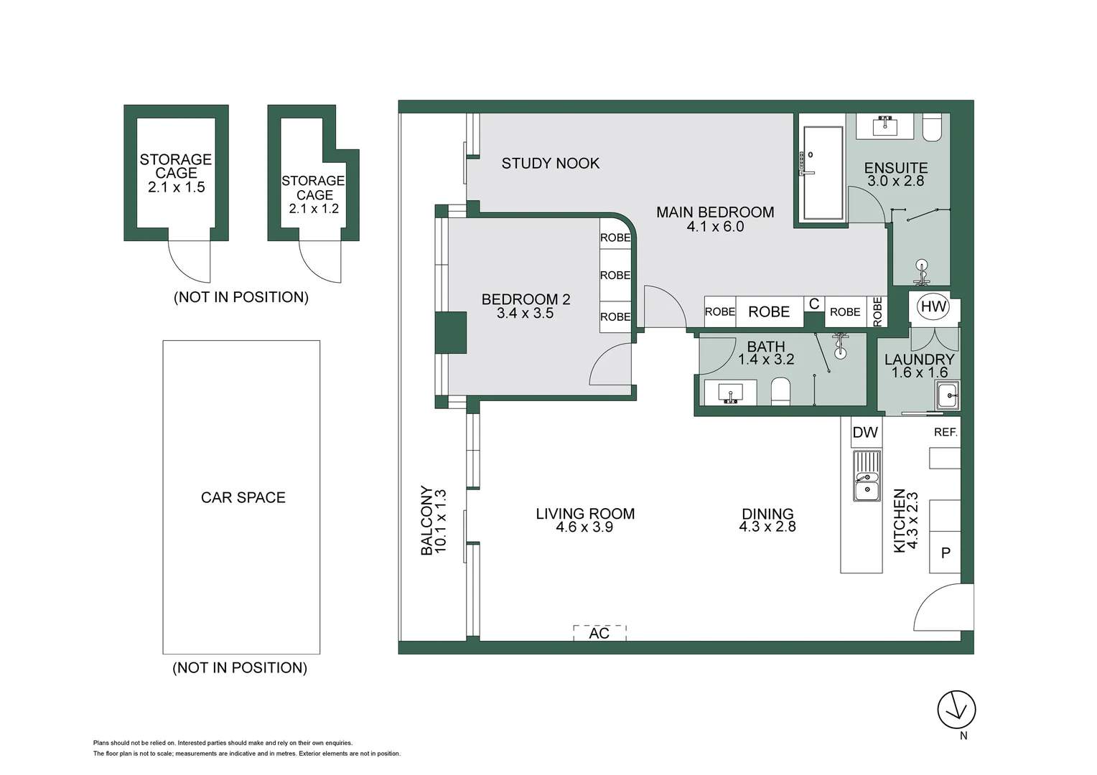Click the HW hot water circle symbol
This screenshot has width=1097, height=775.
(933, 306)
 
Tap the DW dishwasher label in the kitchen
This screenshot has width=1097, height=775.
(865, 432)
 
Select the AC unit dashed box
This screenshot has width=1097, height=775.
(600, 632)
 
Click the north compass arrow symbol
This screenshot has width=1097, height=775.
(956, 710)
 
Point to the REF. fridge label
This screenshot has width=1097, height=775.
(946, 432)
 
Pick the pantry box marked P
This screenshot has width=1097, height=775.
(946, 553)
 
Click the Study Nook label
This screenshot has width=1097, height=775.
(551, 163)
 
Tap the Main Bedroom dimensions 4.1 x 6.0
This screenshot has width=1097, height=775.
(715, 227)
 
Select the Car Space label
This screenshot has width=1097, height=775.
(243, 497)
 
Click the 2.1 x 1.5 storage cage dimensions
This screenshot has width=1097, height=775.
(177, 187)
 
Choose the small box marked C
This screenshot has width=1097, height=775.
(814, 304)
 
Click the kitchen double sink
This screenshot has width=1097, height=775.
(867, 476)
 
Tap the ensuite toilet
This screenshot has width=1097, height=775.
(932, 128)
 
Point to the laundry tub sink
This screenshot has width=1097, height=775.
(948, 395)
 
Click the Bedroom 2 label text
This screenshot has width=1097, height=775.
(526, 299)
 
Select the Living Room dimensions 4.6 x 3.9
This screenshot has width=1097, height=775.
(584, 527)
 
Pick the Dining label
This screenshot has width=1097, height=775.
(767, 514)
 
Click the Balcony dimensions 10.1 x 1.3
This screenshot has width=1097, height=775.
(441, 522)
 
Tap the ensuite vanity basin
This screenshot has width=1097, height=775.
(885, 127)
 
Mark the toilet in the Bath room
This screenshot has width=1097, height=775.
(780, 391)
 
